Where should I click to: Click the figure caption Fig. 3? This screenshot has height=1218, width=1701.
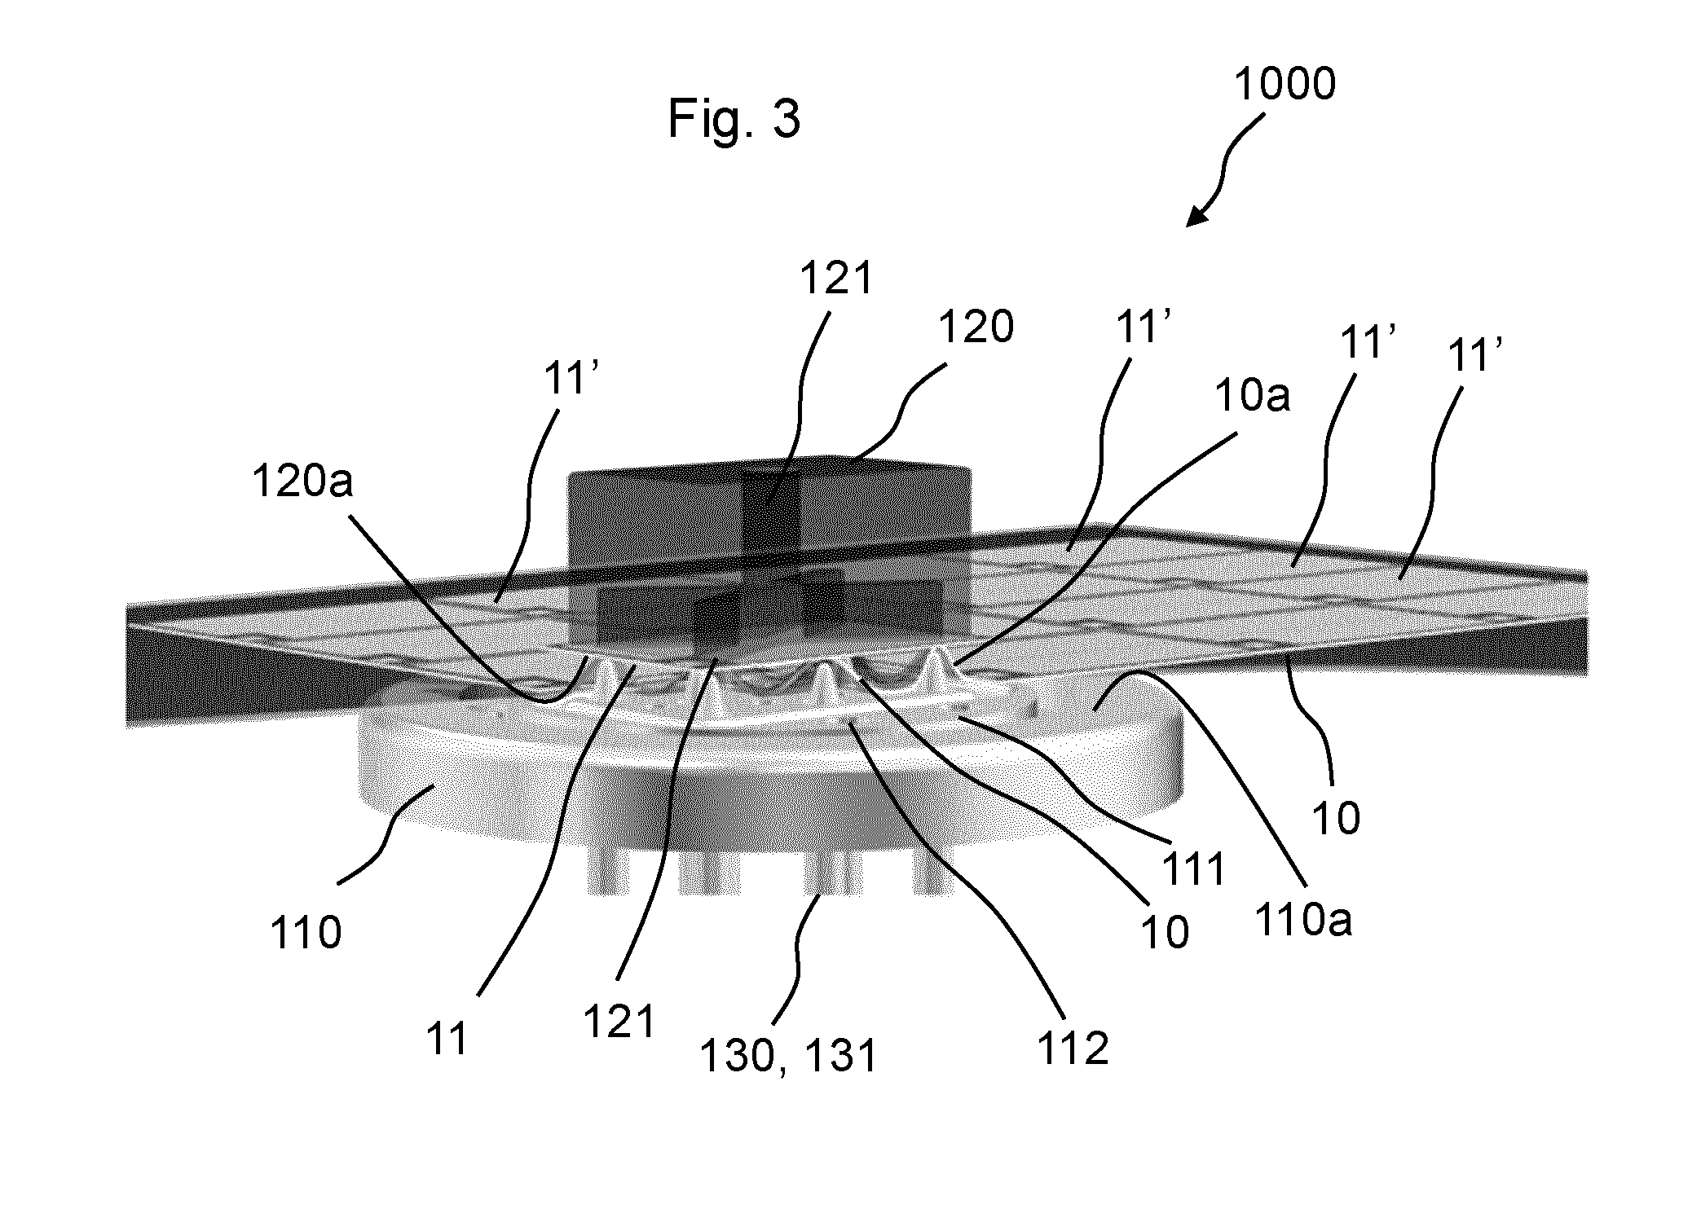[734, 120]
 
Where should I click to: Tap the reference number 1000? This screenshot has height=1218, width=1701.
[1285, 84]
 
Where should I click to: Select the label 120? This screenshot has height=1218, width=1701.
[976, 328]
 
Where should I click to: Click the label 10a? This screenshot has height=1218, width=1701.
[1253, 397]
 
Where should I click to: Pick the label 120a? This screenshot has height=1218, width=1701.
[302, 481]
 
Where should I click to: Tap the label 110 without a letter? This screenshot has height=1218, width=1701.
[306, 933]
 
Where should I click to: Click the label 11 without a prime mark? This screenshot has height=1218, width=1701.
[447, 1039]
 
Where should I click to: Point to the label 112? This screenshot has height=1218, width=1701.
[1073, 1049]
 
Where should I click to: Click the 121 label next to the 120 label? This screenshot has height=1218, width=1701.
[836, 279]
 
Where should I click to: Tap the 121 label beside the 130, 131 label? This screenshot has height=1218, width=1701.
[619, 1022]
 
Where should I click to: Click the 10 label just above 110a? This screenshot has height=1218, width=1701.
[1336, 818]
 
